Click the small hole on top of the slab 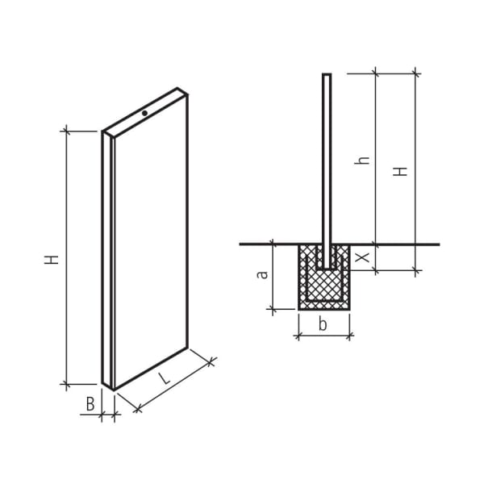(144, 113)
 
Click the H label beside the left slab (52, 259)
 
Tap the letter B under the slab (90, 403)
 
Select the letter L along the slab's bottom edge (164, 378)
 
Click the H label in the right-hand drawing (400, 171)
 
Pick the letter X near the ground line (364, 257)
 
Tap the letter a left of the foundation (262, 274)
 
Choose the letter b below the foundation (323, 325)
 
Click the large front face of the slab (151, 242)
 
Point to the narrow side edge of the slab (106, 258)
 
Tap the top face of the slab (145, 114)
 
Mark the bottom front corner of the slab (114, 390)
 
